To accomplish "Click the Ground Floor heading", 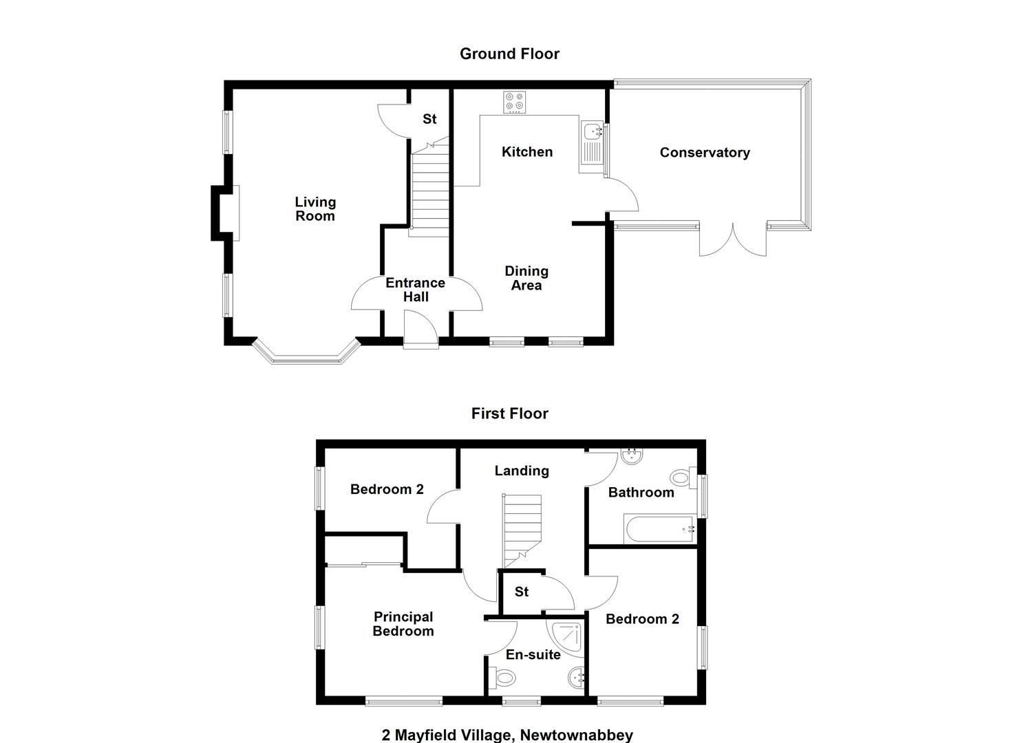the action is point(509,54).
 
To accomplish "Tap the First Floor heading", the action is point(510,413).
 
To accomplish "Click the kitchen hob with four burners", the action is point(514,103).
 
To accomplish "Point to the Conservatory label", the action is point(705,152).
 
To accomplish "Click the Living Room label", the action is point(315,209).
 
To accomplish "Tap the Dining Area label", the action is point(526,278).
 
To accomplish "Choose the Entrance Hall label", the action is point(415,290).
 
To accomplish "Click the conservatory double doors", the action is point(733,240).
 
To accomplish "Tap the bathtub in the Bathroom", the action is point(660,529).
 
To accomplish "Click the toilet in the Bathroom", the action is point(683,477).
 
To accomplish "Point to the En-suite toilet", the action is point(502,678).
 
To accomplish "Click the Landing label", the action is point(522,471).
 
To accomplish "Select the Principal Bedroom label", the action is point(403,624).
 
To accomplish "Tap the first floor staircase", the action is point(522,531).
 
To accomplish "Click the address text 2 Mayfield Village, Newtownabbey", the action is point(507,735).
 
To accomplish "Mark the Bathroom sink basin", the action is point(632,457).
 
